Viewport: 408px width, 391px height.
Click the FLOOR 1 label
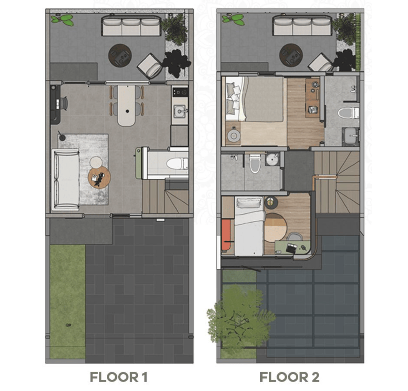(118, 377)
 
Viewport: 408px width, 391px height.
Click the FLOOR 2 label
(289, 377)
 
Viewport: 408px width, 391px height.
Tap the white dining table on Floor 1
(127, 105)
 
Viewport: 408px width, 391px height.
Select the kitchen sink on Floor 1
(180, 111)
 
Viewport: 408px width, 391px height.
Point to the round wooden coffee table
(99, 177)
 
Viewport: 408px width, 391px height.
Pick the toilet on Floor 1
(178, 163)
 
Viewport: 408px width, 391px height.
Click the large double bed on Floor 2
(255, 99)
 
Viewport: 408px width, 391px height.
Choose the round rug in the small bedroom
(275, 228)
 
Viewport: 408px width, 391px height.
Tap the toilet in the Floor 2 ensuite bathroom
(348, 113)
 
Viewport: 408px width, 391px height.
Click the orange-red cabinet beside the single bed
(226, 235)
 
